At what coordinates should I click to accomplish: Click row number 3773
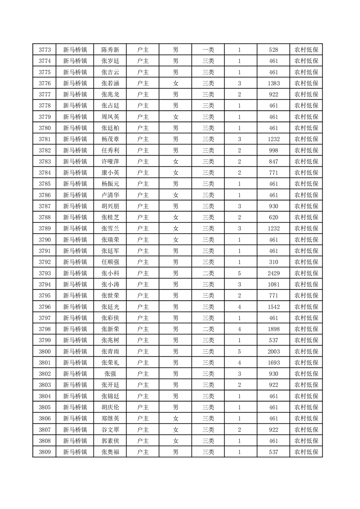click(44, 50)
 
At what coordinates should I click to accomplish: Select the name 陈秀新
click(110, 50)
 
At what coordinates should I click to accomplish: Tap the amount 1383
click(274, 83)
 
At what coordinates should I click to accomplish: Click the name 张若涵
click(110, 83)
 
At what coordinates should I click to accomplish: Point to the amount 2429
click(274, 273)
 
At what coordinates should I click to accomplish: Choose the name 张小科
click(110, 273)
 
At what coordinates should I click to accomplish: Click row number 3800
click(44, 352)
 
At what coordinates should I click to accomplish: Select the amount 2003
click(274, 352)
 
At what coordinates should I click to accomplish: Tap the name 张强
click(110, 374)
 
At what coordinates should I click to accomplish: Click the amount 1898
click(274, 329)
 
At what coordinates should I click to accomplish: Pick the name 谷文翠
click(110, 430)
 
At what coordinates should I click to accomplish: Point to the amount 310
click(274, 262)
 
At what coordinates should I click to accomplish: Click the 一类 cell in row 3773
click(208, 50)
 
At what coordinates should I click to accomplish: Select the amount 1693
click(274, 362)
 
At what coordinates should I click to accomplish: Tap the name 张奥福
click(110, 452)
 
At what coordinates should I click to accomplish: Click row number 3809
click(44, 452)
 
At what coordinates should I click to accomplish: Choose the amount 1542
click(274, 307)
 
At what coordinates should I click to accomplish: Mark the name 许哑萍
click(110, 162)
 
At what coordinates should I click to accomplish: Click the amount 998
click(274, 151)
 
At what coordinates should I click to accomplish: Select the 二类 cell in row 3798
click(208, 329)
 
